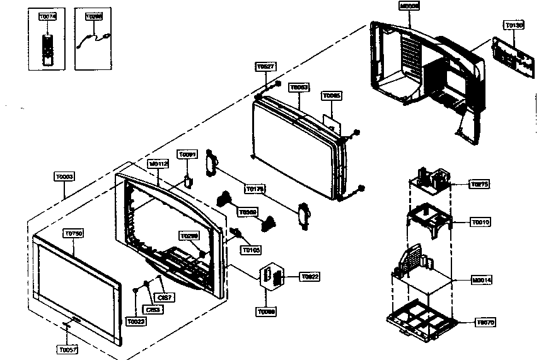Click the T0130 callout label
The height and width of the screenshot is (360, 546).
pos(514,25)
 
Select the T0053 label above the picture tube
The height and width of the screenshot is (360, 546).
pos(299,87)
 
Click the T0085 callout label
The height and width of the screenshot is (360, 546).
pos(332,96)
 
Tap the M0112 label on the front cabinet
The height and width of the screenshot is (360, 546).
pos(158,163)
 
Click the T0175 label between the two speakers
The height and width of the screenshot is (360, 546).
pos(255,188)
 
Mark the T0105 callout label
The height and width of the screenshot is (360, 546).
pos(251,250)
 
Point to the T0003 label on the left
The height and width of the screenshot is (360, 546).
pos(64,177)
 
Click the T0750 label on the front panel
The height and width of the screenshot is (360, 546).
pos(74,233)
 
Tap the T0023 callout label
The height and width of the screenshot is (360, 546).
pos(136,322)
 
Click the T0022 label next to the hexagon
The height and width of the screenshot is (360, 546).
pos(310,277)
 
